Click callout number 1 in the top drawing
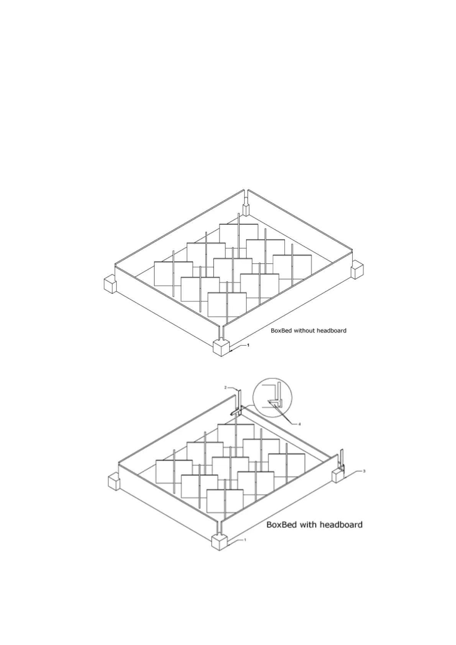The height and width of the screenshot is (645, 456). click(x=248, y=345)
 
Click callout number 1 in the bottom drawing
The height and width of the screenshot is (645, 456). click(x=245, y=540)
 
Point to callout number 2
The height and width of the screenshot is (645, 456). click(x=226, y=388)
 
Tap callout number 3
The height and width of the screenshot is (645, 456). click(x=364, y=471)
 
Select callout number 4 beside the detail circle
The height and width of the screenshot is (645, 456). click(x=299, y=424)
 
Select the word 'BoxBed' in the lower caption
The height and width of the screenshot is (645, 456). click(x=282, y=524)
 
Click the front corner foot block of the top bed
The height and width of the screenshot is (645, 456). click(x=221, y=348)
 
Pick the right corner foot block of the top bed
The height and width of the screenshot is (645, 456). click(x=358, y=269)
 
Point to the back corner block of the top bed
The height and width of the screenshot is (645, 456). click(x=246, y=209)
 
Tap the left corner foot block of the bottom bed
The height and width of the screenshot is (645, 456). click(x=114, y=481)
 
